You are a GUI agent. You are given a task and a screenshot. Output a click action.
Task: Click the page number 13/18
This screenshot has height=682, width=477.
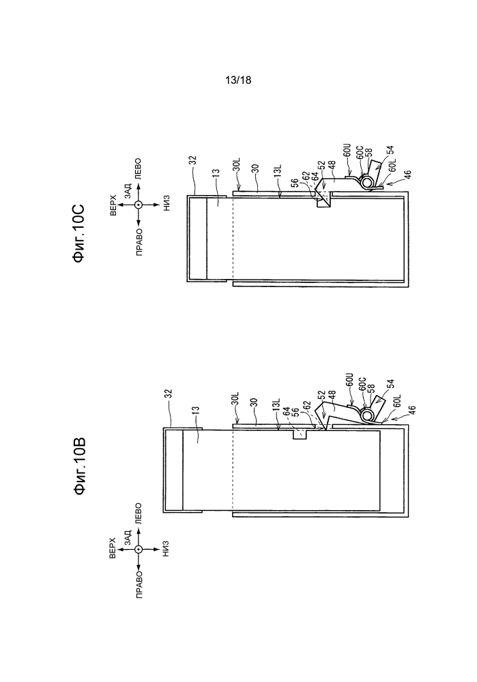tap(238, 80)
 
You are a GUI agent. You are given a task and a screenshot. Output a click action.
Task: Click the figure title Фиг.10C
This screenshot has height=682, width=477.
tap(78, 233)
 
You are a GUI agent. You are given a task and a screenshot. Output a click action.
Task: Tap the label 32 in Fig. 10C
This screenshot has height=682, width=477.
tap(192, 160)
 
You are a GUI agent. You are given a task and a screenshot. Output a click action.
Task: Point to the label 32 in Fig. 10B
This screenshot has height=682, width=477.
tap(169, 394)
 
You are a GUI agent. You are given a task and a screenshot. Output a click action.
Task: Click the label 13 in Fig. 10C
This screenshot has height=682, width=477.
tap(215, 173)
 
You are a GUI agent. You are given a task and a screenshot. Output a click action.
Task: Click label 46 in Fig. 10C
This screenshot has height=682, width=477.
tap(407, 175)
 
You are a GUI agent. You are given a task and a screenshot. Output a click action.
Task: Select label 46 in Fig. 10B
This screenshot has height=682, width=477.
tap(412, 410)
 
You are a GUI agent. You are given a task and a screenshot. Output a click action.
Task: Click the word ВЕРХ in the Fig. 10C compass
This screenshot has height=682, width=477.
tap(113, 205)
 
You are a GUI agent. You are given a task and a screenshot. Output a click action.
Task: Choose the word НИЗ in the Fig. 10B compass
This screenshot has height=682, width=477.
tap(165, 549)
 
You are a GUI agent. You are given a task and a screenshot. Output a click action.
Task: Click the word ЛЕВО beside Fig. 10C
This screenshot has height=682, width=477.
tap(139, 168)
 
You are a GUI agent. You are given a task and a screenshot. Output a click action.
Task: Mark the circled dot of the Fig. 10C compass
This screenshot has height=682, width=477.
tap(139, 205)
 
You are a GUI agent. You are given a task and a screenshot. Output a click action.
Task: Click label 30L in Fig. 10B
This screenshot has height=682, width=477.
tap(236, 398)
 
